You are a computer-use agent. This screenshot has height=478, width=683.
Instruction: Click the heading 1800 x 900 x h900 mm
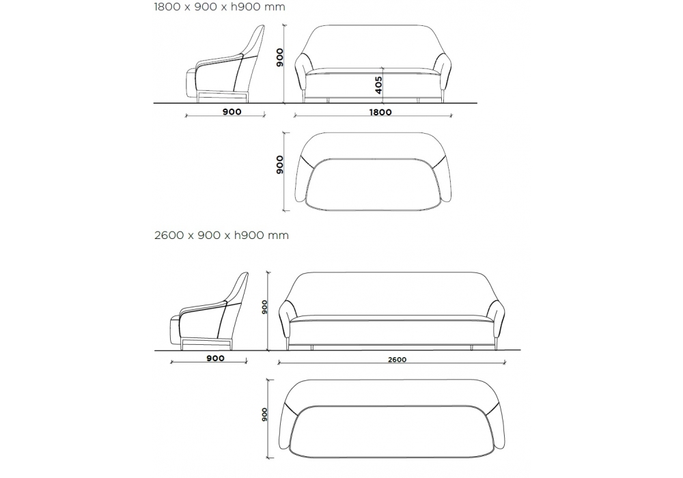pos(219,7)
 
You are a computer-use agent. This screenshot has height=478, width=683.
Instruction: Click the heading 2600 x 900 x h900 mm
pos(221,236)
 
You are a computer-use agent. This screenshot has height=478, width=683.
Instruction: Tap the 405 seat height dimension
pos(378,85)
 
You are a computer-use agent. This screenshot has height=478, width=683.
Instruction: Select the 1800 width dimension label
pos(380,112)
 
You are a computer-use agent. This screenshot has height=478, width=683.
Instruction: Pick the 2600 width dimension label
pos(397,360)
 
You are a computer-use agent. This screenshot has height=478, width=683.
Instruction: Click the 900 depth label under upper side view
pos(232,112)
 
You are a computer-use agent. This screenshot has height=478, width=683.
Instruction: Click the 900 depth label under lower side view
pos(216,358)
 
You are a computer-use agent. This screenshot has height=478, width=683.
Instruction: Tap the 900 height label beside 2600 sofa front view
pos(264,307)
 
